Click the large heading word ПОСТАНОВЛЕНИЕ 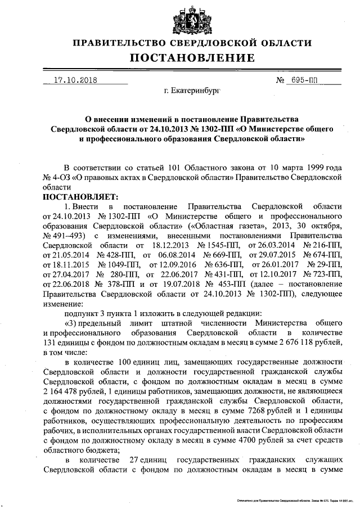pyautogui.click(x=193, y=58)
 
